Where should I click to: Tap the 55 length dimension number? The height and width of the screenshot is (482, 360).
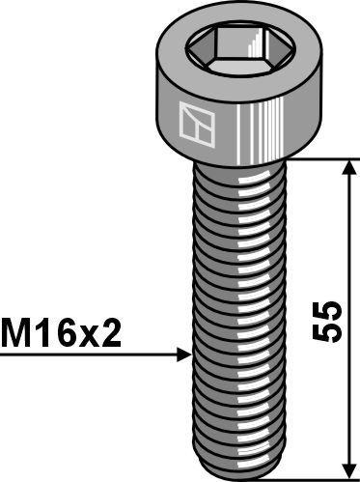tap(329, 322)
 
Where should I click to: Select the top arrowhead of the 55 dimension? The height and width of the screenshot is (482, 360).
tap(346, 167)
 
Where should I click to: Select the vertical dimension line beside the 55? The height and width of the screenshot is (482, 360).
tap(346, 241)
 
